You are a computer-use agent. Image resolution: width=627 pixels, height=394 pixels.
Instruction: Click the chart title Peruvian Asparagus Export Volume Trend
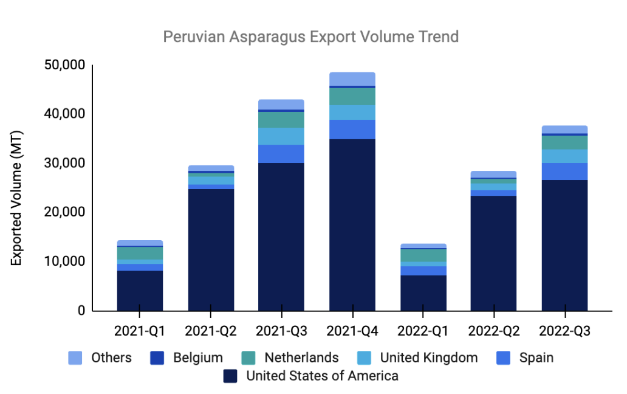pyautogui.click(x=310, y=37)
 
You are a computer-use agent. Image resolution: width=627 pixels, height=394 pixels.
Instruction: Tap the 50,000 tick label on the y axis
pyautogui.click(x=64, y=65)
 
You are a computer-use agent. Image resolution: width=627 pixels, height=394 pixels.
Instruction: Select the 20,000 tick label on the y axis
pyautogui.click(x=64, y=212)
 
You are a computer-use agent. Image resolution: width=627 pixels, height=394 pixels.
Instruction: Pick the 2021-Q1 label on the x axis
pyautogui.click(x=140, y=332)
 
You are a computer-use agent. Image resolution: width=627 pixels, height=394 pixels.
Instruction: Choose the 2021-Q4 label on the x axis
pyautogui.click(x=352, y=332)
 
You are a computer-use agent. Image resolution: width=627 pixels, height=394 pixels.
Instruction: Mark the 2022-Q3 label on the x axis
pyautogui.click(x=564, y=332)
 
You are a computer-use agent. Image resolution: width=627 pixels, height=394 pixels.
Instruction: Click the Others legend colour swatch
pyautogui.click(x=75, y=358)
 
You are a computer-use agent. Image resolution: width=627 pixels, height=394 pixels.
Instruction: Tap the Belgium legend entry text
pyautogui.click(x=199, y=358)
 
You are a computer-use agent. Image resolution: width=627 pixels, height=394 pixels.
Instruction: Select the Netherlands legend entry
pyautogui.click(x=301, y=358)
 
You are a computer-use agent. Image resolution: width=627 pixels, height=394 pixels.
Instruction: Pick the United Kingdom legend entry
pyautogui.click(x=429, y=358)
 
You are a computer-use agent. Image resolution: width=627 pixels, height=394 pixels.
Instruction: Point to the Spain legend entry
pyautogui.click(x=536, y=358)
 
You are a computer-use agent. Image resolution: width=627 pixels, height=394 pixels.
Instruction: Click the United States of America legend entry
pyautogui.click(x=322, y=376)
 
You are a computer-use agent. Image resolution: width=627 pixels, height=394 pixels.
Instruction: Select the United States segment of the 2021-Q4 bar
pyautogui.click(x=352, y=225)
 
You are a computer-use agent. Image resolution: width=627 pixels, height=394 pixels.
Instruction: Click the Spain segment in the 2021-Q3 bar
pyautogui.click(x=281, y=154)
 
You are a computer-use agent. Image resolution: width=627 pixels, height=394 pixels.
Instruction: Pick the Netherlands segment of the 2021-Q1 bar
pyautogui.click(x=140, y=253)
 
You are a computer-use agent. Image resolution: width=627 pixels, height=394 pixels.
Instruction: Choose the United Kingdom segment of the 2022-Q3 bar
pyautogui.click(x=564, y=156)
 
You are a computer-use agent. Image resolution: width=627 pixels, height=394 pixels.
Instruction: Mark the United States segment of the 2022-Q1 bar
pyautogui.click(x=423, y=293)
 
